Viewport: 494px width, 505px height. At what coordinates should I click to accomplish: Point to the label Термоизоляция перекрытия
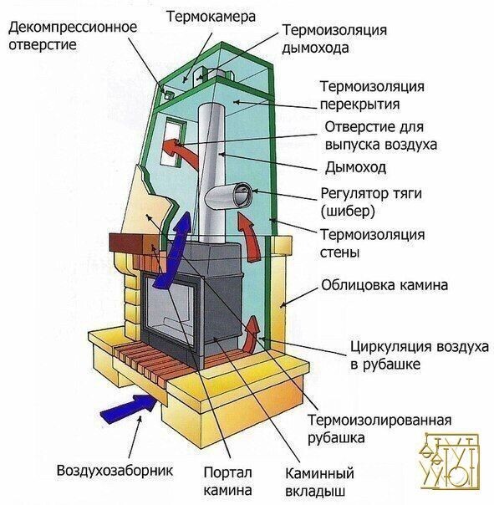tap(372, 95)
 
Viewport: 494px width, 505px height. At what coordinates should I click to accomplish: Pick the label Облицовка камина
tap(385, 285)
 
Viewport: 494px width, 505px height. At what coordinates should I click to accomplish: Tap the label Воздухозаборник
tap(115, 469)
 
